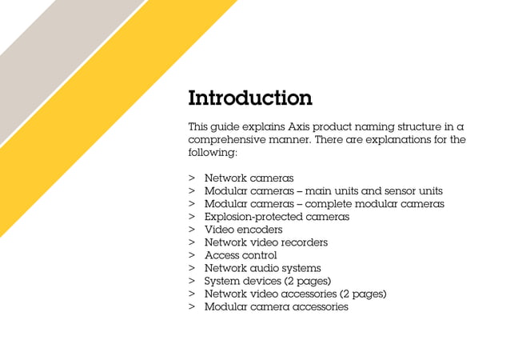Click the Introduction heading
coord(249,98)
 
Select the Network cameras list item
coord(249,178)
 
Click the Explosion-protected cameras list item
coord(277,216)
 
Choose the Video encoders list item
coord(243,230)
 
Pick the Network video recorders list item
coord(265,242)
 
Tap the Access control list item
coord(241,255)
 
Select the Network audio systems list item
coord(262,268)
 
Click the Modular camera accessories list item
coord(276,306)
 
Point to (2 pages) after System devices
coord(308,281)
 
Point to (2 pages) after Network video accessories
coord(363,294)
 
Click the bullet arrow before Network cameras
coord(192,178)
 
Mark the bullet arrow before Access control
coord(192,255)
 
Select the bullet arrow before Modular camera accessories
coord(192,306)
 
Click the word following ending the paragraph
coord(212,152)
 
